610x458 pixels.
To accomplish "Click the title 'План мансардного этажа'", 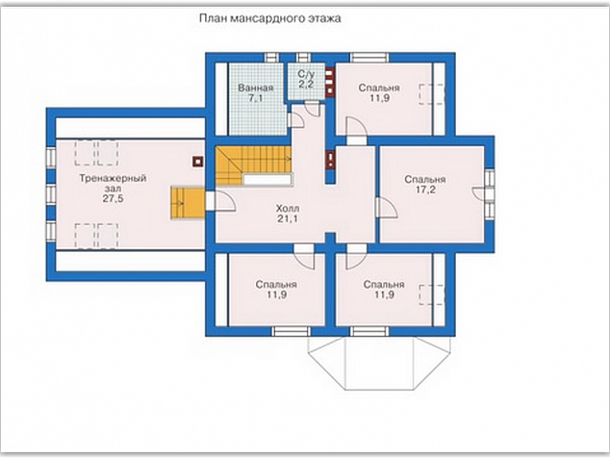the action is tap(270, 18).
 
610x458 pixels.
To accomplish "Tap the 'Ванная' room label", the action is tap(256, 88).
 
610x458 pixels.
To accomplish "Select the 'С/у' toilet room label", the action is tap(306, 74).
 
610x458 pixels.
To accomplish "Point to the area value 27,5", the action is tap(113, 198).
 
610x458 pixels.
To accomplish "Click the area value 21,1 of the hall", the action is tap(288, 218).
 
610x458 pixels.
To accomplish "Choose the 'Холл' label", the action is tap(288, 208).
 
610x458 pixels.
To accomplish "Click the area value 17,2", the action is tap(425, 190).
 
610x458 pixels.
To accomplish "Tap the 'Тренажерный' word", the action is tap(113, 178).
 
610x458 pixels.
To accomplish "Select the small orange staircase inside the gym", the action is tap(188, 203).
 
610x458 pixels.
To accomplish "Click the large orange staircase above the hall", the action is tap(253, 165).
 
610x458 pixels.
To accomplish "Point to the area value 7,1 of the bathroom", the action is tap(256, 98).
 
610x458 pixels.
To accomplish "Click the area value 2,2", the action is tap(306, 84).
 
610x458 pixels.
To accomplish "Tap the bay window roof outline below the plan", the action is tap(379, 363).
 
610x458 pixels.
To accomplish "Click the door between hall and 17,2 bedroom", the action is tap(387, 208).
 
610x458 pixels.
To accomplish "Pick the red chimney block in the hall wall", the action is tap(330, 160).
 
